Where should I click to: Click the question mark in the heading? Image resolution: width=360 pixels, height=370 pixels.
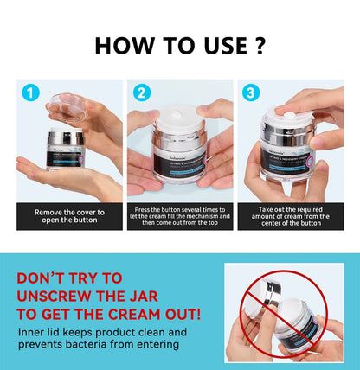[x=259, y=44]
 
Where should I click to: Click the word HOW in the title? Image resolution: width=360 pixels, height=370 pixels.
[x=122, y=44]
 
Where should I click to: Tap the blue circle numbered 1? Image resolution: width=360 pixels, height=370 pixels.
[x=31, y=92]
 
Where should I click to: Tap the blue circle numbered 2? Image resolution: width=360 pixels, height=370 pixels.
[x=140, y=92]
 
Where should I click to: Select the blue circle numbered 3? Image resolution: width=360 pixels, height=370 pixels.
[x=250, y=92]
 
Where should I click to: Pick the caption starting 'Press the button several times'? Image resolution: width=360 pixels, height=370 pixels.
[x=180, y=216]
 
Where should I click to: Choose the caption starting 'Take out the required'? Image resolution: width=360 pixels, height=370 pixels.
[x=290, y=216]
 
